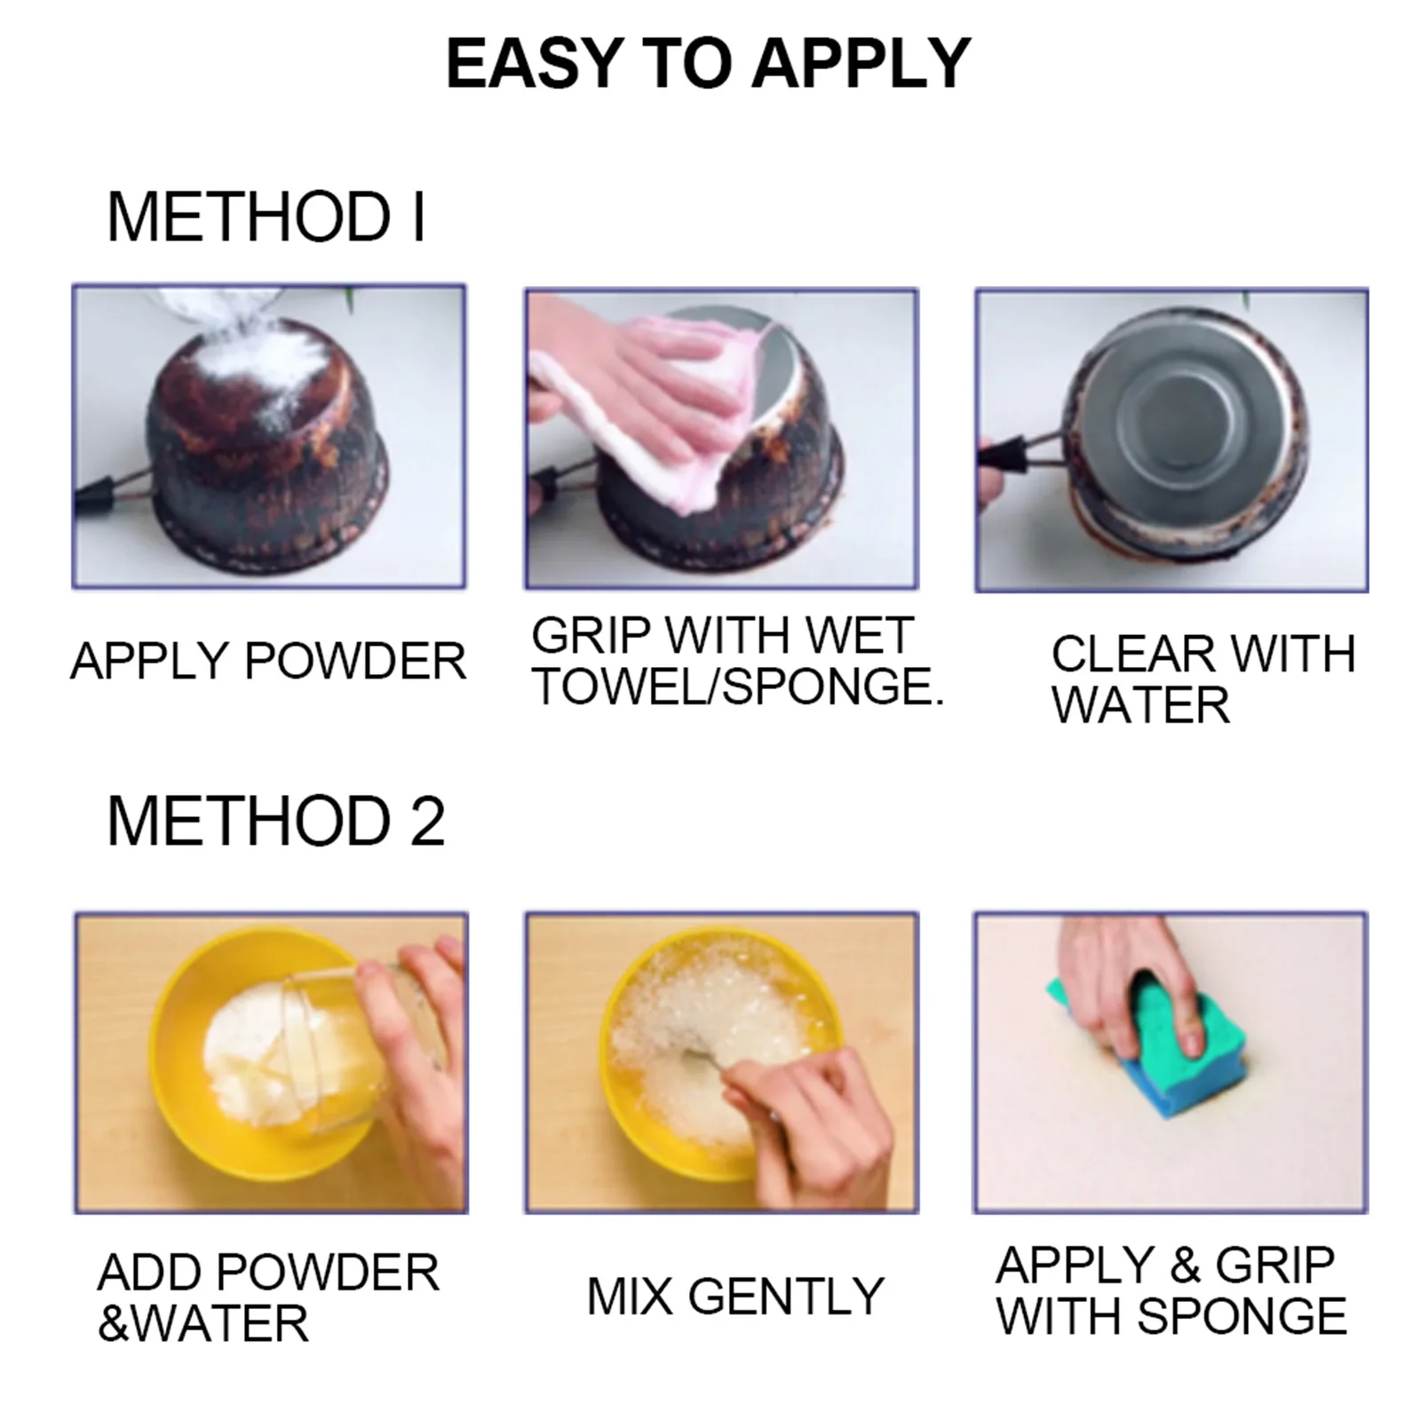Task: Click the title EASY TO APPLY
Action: coord(708,64)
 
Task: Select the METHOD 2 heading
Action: coord(275,822)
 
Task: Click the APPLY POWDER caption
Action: coord(268,662)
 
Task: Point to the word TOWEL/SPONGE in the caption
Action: coord(737,687)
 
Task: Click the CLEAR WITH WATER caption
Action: coord(1203,679)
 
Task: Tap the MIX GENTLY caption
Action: coord(735,1297)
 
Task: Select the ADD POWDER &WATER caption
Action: coord(267,1298)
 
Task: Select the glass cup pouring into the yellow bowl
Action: coord(355,1048)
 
